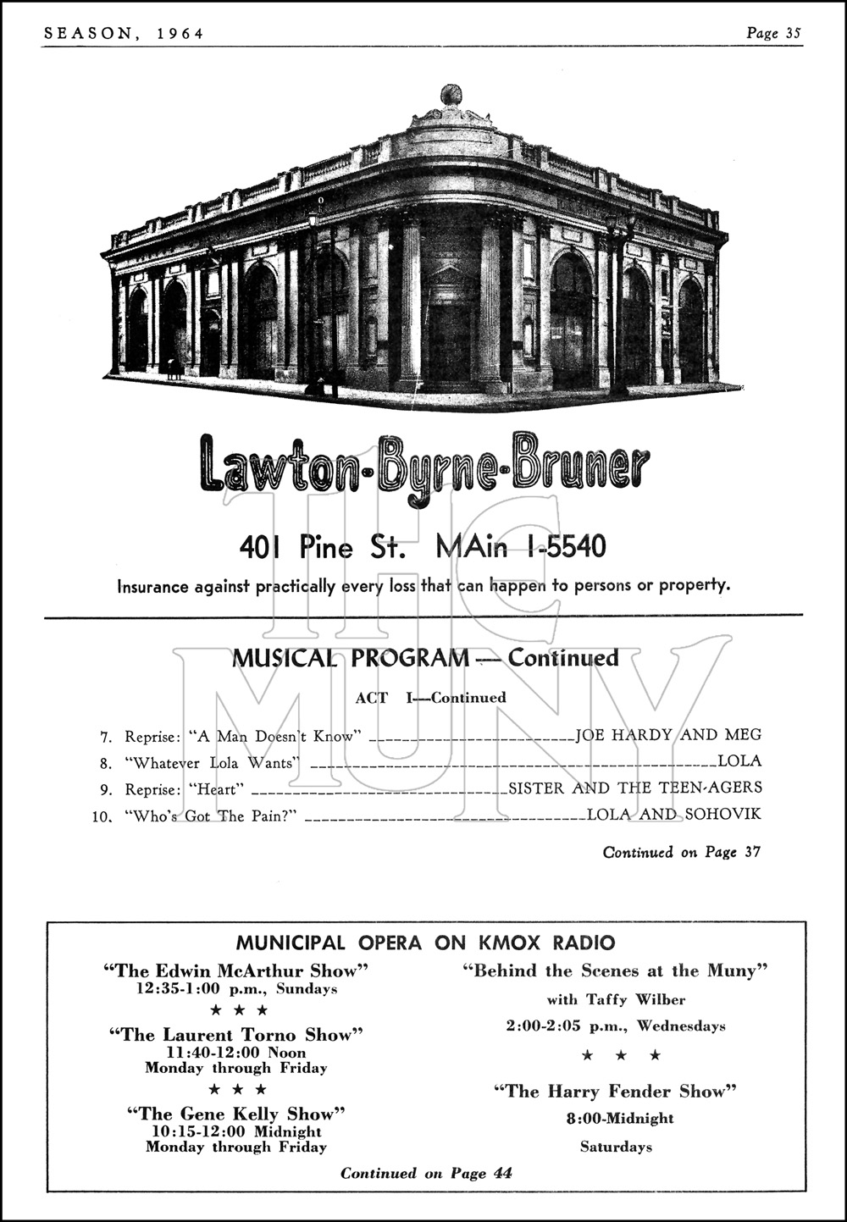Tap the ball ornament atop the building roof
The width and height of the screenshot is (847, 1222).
click(450, 94)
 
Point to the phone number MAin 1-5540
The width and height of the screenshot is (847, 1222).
click(520, 547)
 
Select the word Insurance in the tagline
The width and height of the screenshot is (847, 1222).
click(152, 585)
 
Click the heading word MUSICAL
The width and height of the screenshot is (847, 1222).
click(284, 658)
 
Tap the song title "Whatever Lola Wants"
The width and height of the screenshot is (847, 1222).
click(213, 763)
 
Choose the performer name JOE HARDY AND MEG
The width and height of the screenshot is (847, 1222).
click(668, 735)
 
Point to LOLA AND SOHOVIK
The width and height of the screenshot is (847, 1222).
click(674, 815)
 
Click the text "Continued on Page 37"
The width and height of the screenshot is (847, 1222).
click(681, 853)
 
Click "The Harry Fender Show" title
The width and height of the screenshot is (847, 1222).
click(616, 1092)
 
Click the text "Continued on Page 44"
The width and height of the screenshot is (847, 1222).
click(426, 1173)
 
